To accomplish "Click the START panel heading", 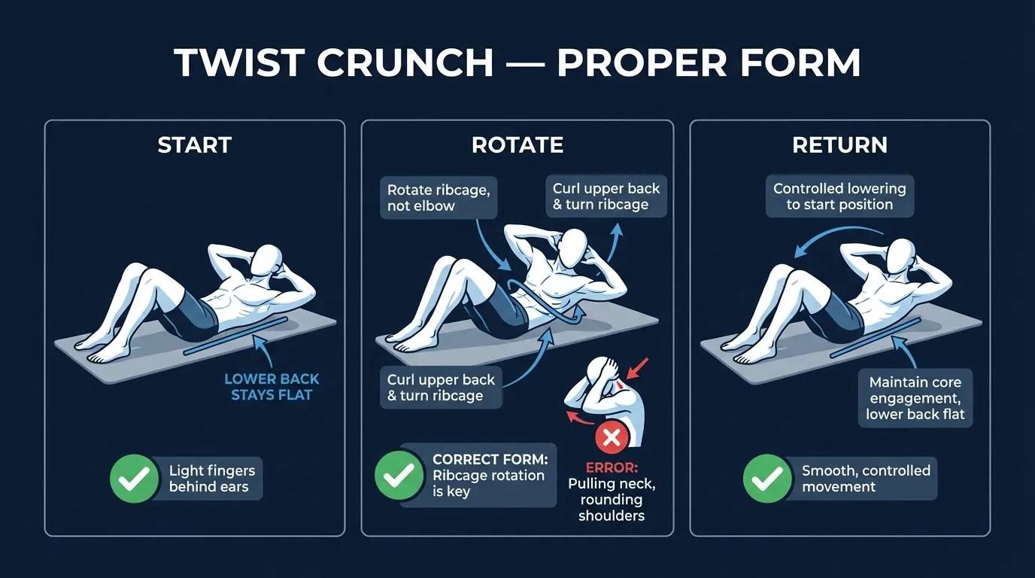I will click(x=194, y=144).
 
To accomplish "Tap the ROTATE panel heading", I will click(x=517, y=144).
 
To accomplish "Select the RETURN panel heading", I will click(x=839, y=144).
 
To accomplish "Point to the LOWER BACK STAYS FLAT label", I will click(x=272, y=386).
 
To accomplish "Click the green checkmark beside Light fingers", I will click(x=132, y=479).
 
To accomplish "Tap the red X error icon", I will click(x=612, y=437).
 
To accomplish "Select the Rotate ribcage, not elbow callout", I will click(x=439, y=198).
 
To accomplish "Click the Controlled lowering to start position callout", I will click(x=839, y=196).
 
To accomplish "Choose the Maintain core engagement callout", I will click(x=915, y=398).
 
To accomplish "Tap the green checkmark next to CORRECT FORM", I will click(x=397, y=476).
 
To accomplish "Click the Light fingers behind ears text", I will click(x=211, y=479).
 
